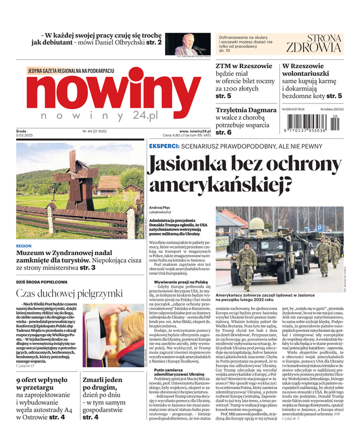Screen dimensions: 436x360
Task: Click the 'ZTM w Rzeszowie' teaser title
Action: tap(243, 66)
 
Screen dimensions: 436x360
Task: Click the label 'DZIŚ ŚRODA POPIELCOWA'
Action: tap(42, 282)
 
